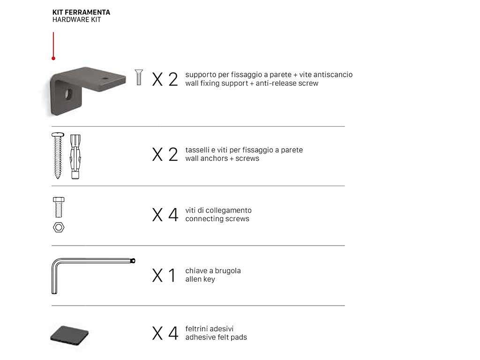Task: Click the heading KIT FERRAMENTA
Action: click(81, 12)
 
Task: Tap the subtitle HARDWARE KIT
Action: click(76, 20)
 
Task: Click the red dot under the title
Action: click(53, 58)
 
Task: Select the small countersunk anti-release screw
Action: click(139, 77)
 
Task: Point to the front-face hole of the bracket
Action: click(68, 94)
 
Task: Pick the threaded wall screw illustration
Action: click(58, 156)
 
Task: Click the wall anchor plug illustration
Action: click(75, 157)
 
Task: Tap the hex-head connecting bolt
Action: click(59, 207)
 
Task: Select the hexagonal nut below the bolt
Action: click(59, 227)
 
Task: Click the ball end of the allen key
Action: click(133, 261)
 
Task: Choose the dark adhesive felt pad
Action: click(69, 336)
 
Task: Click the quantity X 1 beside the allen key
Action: click(164, 275)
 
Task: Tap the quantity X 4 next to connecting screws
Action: click(165, 215)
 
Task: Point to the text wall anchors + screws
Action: click(222, 158)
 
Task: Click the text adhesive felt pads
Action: click(216, 337)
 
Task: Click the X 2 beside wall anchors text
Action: click(165, 154)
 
